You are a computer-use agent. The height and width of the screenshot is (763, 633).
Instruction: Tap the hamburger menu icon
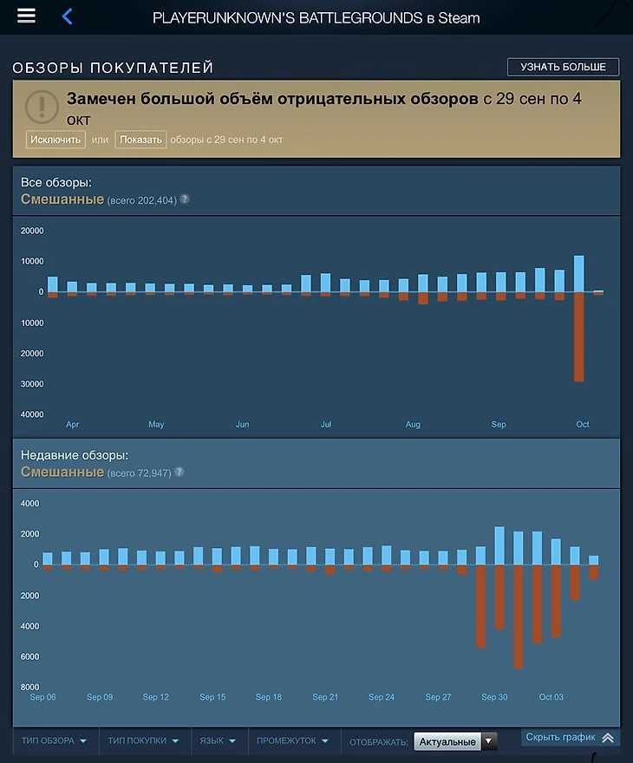coord(26,16)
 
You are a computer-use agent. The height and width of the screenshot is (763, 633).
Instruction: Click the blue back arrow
coord(67,16)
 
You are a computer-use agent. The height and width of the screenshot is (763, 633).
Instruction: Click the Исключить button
coord(55,140)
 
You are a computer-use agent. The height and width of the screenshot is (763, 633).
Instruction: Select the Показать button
coord(140,140)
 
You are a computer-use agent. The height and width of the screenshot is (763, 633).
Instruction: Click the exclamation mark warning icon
coord(42,107)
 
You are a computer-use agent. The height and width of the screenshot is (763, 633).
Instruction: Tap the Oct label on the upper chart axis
coord(583,425)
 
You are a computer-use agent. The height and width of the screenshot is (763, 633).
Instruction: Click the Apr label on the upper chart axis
coord(73,425)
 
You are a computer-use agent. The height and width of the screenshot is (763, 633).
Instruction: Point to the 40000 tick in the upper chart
coord(32,414)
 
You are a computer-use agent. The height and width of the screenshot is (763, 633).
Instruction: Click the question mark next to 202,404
coord(184,199)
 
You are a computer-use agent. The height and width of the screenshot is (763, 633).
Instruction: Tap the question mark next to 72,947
coord(179,473)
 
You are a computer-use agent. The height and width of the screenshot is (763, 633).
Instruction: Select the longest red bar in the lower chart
coord(519,616)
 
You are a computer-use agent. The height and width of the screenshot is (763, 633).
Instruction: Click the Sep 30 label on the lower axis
coord(494,697)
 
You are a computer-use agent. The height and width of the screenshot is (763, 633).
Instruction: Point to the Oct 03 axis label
coord(551,697)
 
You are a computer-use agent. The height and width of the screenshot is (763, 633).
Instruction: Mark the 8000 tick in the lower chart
coord(30,688)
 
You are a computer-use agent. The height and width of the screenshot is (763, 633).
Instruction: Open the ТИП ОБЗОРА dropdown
coord(55,741)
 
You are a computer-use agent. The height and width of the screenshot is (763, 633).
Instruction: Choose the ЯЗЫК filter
coord(218,741)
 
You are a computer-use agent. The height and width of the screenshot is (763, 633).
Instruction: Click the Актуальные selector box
coord(455,741)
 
